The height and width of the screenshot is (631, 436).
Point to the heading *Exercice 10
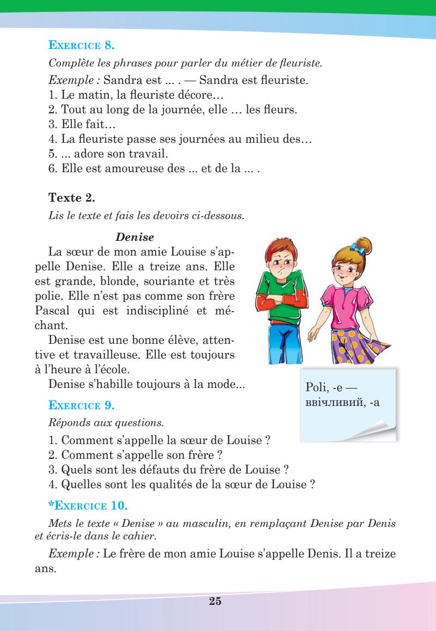(x=88, y=507)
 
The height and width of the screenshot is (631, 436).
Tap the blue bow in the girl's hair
(x=356, y=248)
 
